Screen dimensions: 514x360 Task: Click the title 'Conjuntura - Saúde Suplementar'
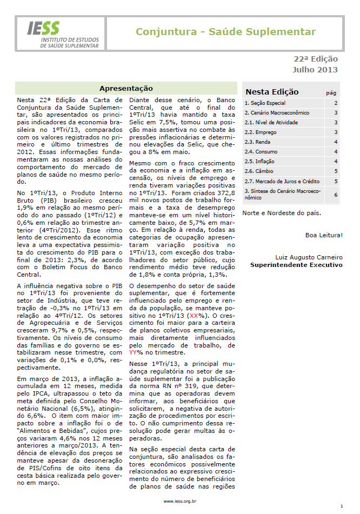[225, 32]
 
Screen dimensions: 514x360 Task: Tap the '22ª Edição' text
[316, 59]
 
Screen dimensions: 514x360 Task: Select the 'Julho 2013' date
[315, 70]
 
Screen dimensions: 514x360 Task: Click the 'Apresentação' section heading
[126, 89]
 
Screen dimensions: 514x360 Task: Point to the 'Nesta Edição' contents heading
[272, 92]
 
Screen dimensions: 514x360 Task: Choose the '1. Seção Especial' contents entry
[265, 103]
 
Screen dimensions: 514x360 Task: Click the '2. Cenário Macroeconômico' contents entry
[277, 113]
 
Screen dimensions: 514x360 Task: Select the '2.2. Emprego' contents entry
[261, 132]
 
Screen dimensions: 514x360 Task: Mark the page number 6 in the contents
[336, 195]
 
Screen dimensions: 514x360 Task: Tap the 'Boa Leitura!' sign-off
[324, 235]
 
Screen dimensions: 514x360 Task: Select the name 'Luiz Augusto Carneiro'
[309, 257]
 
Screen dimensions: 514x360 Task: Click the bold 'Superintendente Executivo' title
[296, 265]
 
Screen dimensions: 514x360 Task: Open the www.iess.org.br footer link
[179, 502]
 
